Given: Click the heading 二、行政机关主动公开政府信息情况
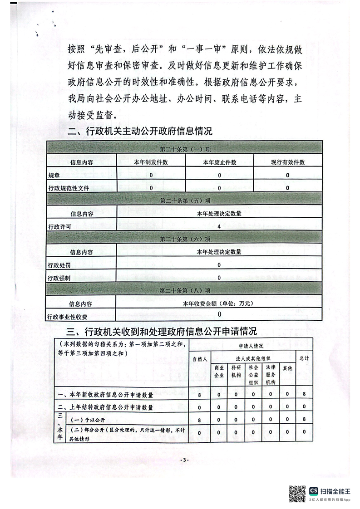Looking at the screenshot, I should coord(140,132).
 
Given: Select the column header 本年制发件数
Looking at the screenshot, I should coord(151,162).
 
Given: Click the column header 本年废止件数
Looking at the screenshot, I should coord(219,162).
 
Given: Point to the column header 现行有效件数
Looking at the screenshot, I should coord(288,162).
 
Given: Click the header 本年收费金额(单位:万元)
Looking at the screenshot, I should coord(219,303).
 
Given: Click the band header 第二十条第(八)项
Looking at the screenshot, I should coord(185,291).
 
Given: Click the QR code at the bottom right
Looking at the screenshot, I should coord(297,494).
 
